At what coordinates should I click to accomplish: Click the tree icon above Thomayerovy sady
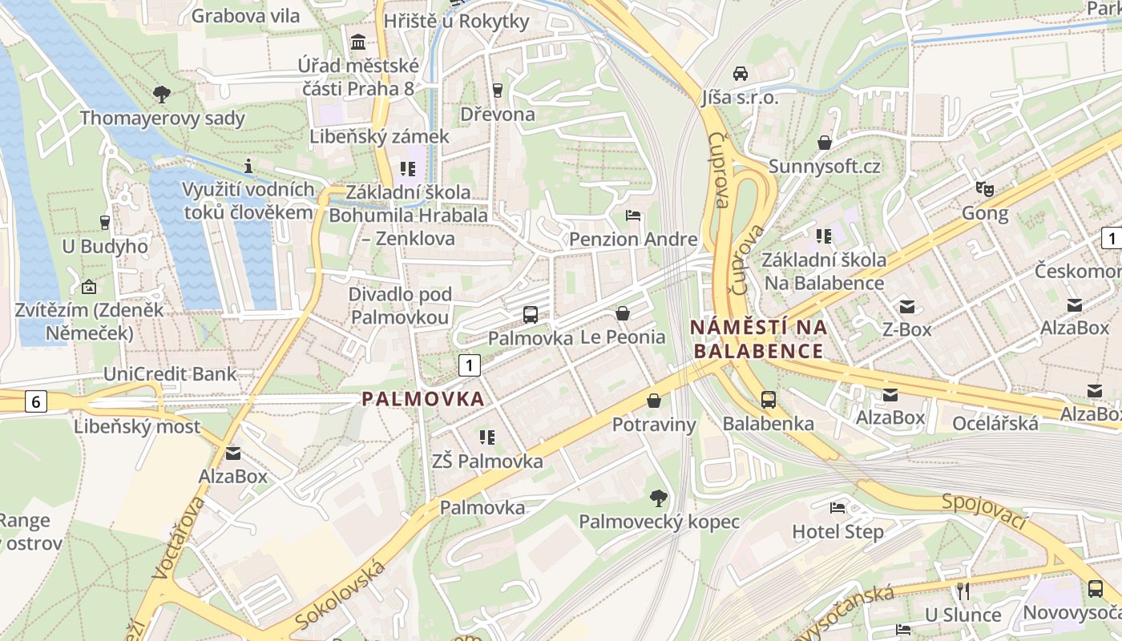162,95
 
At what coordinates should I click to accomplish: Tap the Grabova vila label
245,15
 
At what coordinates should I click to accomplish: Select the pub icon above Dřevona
497,90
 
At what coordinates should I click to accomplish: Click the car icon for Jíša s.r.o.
741,73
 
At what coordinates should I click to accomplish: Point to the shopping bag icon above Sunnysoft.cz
824,143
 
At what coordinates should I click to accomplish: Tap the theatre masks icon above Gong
985,189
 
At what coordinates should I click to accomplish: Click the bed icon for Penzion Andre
633,216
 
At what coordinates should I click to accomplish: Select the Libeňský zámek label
380,136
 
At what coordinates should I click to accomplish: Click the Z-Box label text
906,329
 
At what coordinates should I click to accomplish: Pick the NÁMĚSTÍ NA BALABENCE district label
759,339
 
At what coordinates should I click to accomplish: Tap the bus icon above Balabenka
768,399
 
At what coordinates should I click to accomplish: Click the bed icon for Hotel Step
837,507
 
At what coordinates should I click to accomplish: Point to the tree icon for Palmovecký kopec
659,498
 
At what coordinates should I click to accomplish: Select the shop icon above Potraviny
654,400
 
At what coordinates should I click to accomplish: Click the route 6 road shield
35,401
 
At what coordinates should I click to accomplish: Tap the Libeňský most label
137,426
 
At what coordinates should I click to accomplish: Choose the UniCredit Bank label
170,373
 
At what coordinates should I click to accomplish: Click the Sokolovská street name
340,595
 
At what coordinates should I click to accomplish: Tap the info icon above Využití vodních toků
248,166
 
